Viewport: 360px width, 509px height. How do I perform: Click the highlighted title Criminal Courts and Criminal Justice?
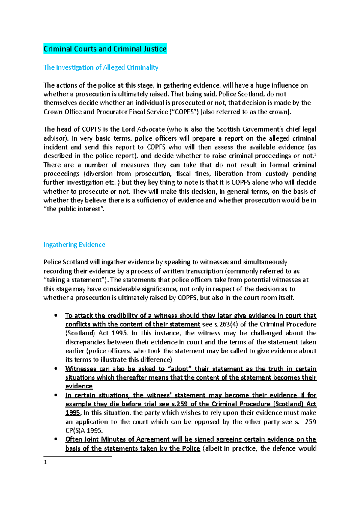coord(105,49)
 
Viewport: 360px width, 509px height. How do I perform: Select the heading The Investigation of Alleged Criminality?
coord(101,67)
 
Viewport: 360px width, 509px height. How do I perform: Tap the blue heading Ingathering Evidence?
coord(74,245)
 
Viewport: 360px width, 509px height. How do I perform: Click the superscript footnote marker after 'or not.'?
coord(315,154)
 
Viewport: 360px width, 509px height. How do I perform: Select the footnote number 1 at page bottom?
coord(45,463)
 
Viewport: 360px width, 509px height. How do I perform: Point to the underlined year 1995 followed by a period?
coord(73,413)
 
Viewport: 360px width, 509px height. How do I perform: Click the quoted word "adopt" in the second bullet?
coord(180,369)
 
